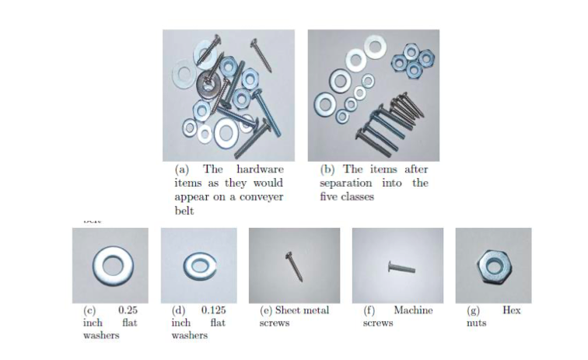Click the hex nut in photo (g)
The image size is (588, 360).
tap(492, 265)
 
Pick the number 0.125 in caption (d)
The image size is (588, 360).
tap(214, 310)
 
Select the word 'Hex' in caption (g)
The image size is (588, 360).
tap(511, 310)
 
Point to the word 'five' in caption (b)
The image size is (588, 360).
tap(329, 197)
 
